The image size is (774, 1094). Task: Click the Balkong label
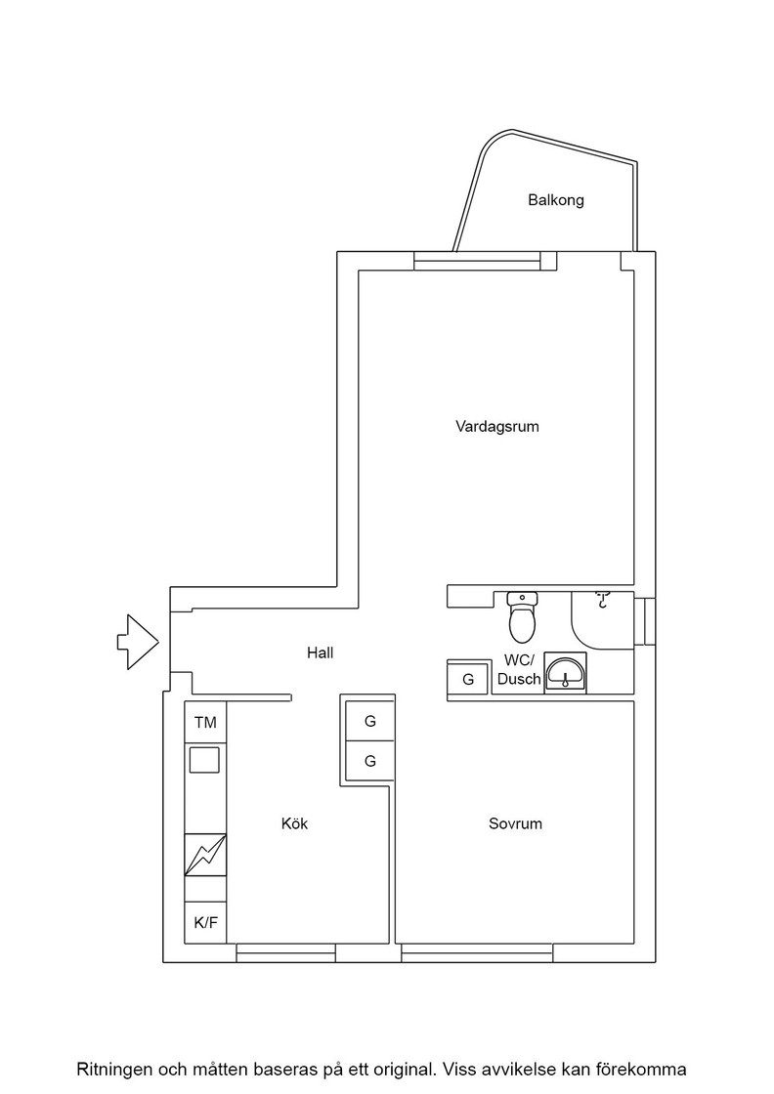click(555, 201)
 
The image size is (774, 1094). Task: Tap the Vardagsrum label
click(496, 426)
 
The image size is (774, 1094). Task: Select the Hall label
click(320, 653)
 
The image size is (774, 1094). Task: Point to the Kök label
click(294, 823)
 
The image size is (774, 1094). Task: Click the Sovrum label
click(515, 823)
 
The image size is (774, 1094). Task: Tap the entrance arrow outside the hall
click(138, 642)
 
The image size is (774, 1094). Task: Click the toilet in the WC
click(522, 616)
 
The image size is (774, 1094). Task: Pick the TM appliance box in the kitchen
click(205, 723)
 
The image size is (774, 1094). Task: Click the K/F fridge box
click(205, 922)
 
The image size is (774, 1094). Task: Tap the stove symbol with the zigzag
click(205, 856)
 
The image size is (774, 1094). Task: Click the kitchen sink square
click(206, 759)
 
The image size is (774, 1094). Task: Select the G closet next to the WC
click(467, 679)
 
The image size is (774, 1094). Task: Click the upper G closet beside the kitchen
click(370, 722)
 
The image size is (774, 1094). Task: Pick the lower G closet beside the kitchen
click(370, 761)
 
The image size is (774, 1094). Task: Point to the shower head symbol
click(602, 601)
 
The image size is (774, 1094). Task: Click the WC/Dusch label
click(519, 669)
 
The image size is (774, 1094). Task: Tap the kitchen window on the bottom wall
click(285, 953)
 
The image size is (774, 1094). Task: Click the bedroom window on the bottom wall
click(478, 953)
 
